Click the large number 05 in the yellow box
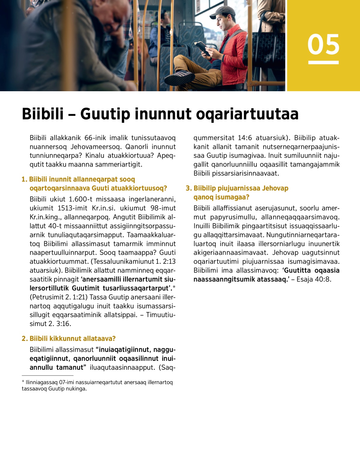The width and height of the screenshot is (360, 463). pyautogui.click(x=323, y=44)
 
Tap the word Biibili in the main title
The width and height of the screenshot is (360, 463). pyautogui.click(x=43, y=114)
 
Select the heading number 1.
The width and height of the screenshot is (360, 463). pyautogui.click(x=24, y=179)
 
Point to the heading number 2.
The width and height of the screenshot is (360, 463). pyautogui.click(x=25, y=339)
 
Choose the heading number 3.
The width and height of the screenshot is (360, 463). pyautogui.click(x=188, y=188)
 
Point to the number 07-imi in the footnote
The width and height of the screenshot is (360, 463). pyautogui.click(x=67, y=383)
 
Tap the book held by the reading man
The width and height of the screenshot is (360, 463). pyautogui.click(x=201, y=47)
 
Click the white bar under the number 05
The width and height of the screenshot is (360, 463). pyautogui.click(x=323, y=62)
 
